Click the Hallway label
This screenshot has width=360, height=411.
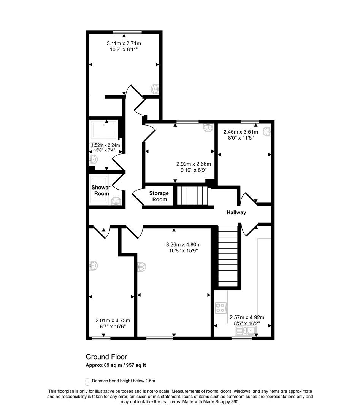coord(236,213)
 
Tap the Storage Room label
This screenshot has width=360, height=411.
coord(159,196)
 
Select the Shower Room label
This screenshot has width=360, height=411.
coord(101,190)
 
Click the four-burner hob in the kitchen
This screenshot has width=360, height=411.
coord(221,307)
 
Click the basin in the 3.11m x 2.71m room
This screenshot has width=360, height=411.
coord(155,89)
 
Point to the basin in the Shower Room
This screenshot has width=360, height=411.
coord(116,201)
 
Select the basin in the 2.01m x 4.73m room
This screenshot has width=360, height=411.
coord(94,265)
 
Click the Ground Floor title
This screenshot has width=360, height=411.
coord(106,357)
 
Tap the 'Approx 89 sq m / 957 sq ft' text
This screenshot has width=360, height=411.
coord(116,365)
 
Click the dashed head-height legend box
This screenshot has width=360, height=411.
coord(87,381)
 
